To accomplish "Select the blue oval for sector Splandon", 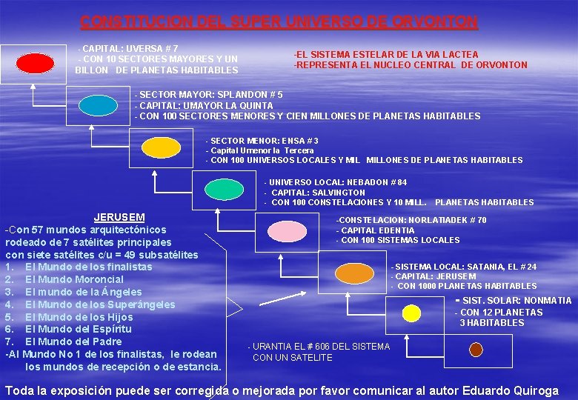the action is [98, 104].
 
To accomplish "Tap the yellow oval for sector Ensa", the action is [162, 147].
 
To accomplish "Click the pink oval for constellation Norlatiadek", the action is [287, 232].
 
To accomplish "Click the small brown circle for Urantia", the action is [476, 349].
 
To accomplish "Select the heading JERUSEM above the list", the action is [119, 218].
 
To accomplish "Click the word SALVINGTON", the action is [338, 192].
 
